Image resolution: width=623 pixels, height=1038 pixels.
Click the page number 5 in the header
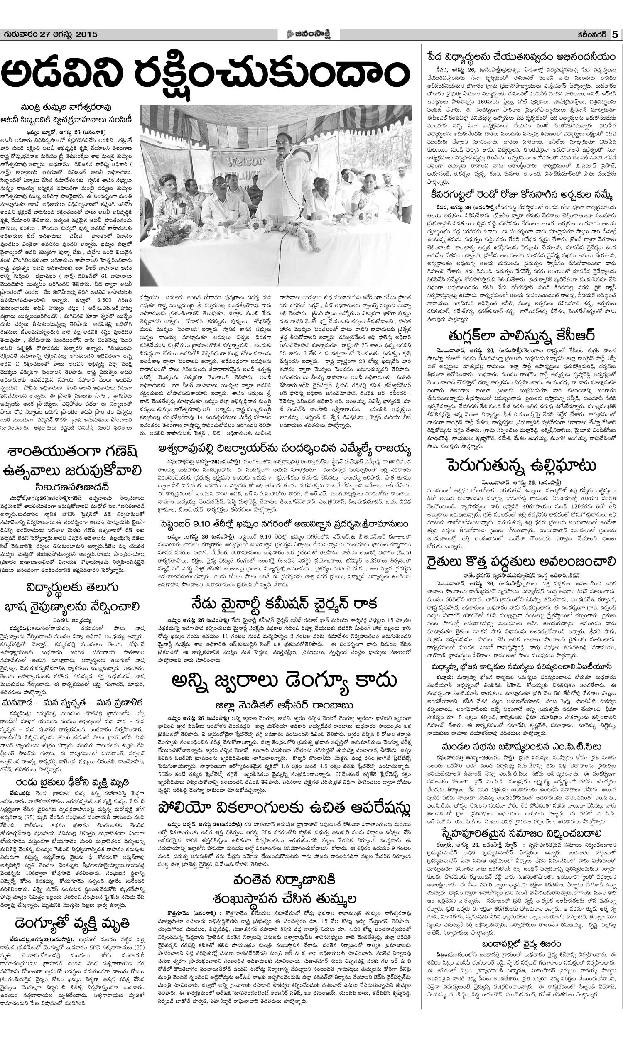(x=615, y=35)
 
